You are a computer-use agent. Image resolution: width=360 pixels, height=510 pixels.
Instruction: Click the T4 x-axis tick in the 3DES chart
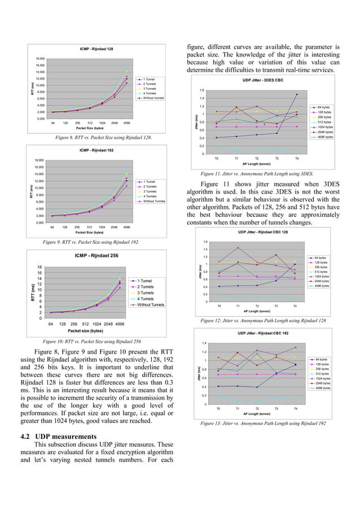tap(297, 159)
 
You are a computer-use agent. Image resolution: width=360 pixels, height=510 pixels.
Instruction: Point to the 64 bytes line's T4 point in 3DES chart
tap(297, 95)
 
